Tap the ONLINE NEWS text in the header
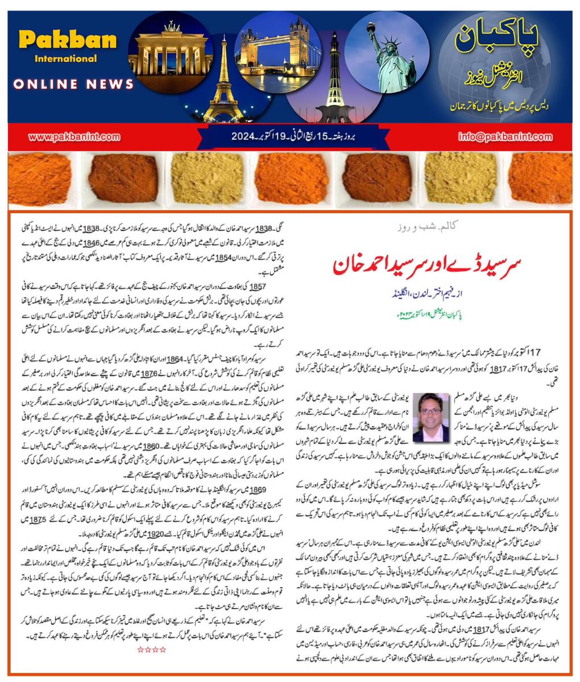[x=73, y=84]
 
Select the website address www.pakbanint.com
[x=74, y=136]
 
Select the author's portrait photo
[x=430, y=417]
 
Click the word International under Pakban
[x=66, y=59]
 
